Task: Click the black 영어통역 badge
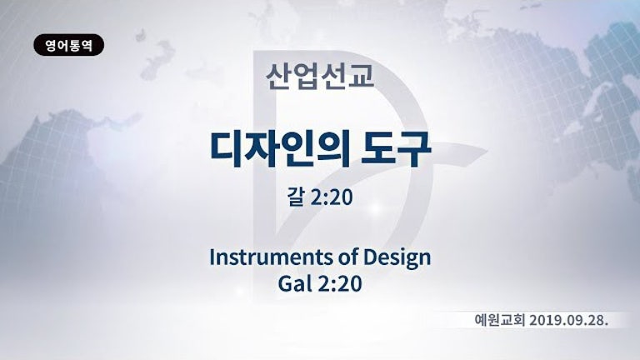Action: pyautogui.click(x=68, y=45)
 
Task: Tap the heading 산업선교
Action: pyautogui.click(x=320, y=77)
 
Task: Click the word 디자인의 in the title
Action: pyautogui.click(x=280, y=149)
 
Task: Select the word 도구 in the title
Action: pyautogui.click(x=396, y=149)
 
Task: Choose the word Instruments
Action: pyautogui.click(x=271, y=257)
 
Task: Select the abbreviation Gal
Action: pyautogui.click(x=295, y=283)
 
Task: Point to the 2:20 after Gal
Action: pyautogui.click(x=340, y=283)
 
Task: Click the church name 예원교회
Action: pyautogui.click(x=499, y=320)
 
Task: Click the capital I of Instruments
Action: pyautogui.click(x=212, y=257)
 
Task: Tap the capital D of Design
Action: pyautogui.click(x=371, y=258)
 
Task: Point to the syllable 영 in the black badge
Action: pyautogui.click(x=51, y=45)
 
